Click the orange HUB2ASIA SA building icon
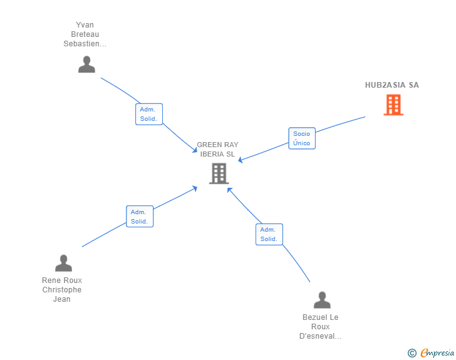393,105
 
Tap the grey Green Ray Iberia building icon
219,173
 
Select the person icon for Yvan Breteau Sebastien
86,64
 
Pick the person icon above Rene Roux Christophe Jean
63,263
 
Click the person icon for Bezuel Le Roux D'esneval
322,300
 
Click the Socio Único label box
302,138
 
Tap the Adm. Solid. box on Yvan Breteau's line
149,114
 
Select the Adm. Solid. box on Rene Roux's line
140,217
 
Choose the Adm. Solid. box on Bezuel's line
269,234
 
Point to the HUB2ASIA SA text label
392,85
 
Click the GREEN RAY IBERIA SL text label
218,149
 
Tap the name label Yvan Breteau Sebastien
85,34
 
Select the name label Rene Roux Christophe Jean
62,290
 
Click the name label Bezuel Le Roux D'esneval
321,327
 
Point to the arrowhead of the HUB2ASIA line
241,161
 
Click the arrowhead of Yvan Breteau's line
195,151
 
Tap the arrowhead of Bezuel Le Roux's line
229,189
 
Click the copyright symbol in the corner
412,353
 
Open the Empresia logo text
437,353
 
